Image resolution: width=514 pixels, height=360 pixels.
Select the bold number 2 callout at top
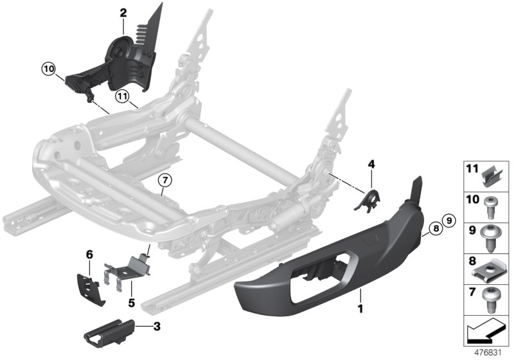123,12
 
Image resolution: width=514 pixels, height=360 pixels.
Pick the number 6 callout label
90,255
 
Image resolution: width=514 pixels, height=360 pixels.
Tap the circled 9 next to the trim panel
449,221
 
